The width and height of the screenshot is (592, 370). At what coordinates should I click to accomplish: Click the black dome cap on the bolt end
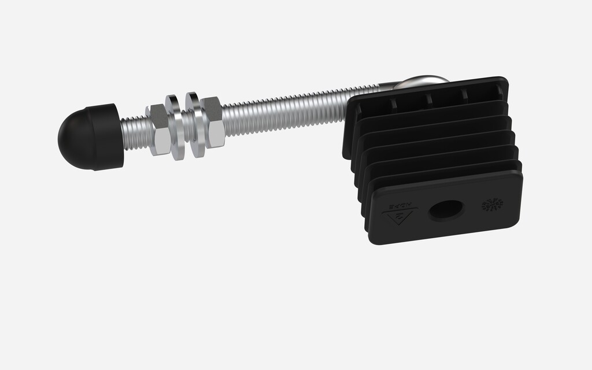(90, 137)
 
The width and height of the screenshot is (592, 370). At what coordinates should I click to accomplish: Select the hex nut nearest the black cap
(158, 130)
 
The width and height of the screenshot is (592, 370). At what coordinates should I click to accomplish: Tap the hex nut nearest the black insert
(213, 122)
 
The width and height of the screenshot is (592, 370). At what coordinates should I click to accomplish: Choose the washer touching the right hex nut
(196, 124)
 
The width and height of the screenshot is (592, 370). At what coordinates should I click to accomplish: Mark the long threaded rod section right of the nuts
(283, 110)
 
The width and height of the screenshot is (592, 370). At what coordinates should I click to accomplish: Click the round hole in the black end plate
(446, 210)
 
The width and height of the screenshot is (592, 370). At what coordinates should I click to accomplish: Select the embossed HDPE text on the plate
(402, 206)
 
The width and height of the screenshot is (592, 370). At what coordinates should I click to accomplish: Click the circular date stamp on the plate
(492, 204)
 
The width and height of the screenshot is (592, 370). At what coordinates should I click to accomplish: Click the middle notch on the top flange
(429, 99)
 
